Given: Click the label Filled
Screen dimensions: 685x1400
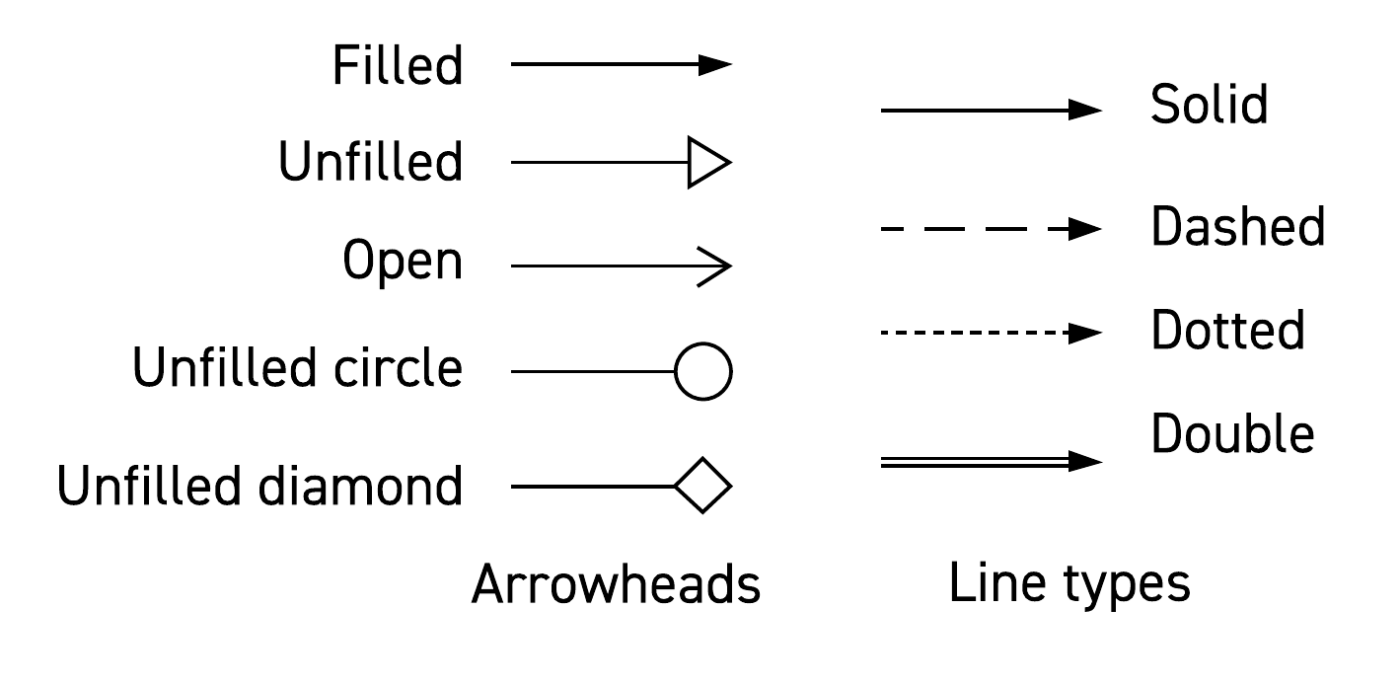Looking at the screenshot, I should pos(398,66).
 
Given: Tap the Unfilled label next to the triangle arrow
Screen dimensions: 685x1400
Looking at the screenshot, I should pos(370,162).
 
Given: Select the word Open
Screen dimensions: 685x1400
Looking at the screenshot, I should pos(403,264).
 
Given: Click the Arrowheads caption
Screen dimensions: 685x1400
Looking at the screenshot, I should pos(616,584).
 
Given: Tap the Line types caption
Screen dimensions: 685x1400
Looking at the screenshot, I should pos(1069,583).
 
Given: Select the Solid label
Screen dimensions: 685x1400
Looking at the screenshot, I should pos(1209,105).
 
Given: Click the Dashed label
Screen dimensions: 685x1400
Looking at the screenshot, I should pos(1237,228).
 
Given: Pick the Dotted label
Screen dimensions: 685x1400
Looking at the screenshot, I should pos(1227,331).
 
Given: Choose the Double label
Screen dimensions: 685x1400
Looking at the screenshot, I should pos(1232,434).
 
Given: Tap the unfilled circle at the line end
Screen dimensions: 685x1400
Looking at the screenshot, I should pos(703,372).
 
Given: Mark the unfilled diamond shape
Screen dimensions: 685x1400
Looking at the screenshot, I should pos(702,486).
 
